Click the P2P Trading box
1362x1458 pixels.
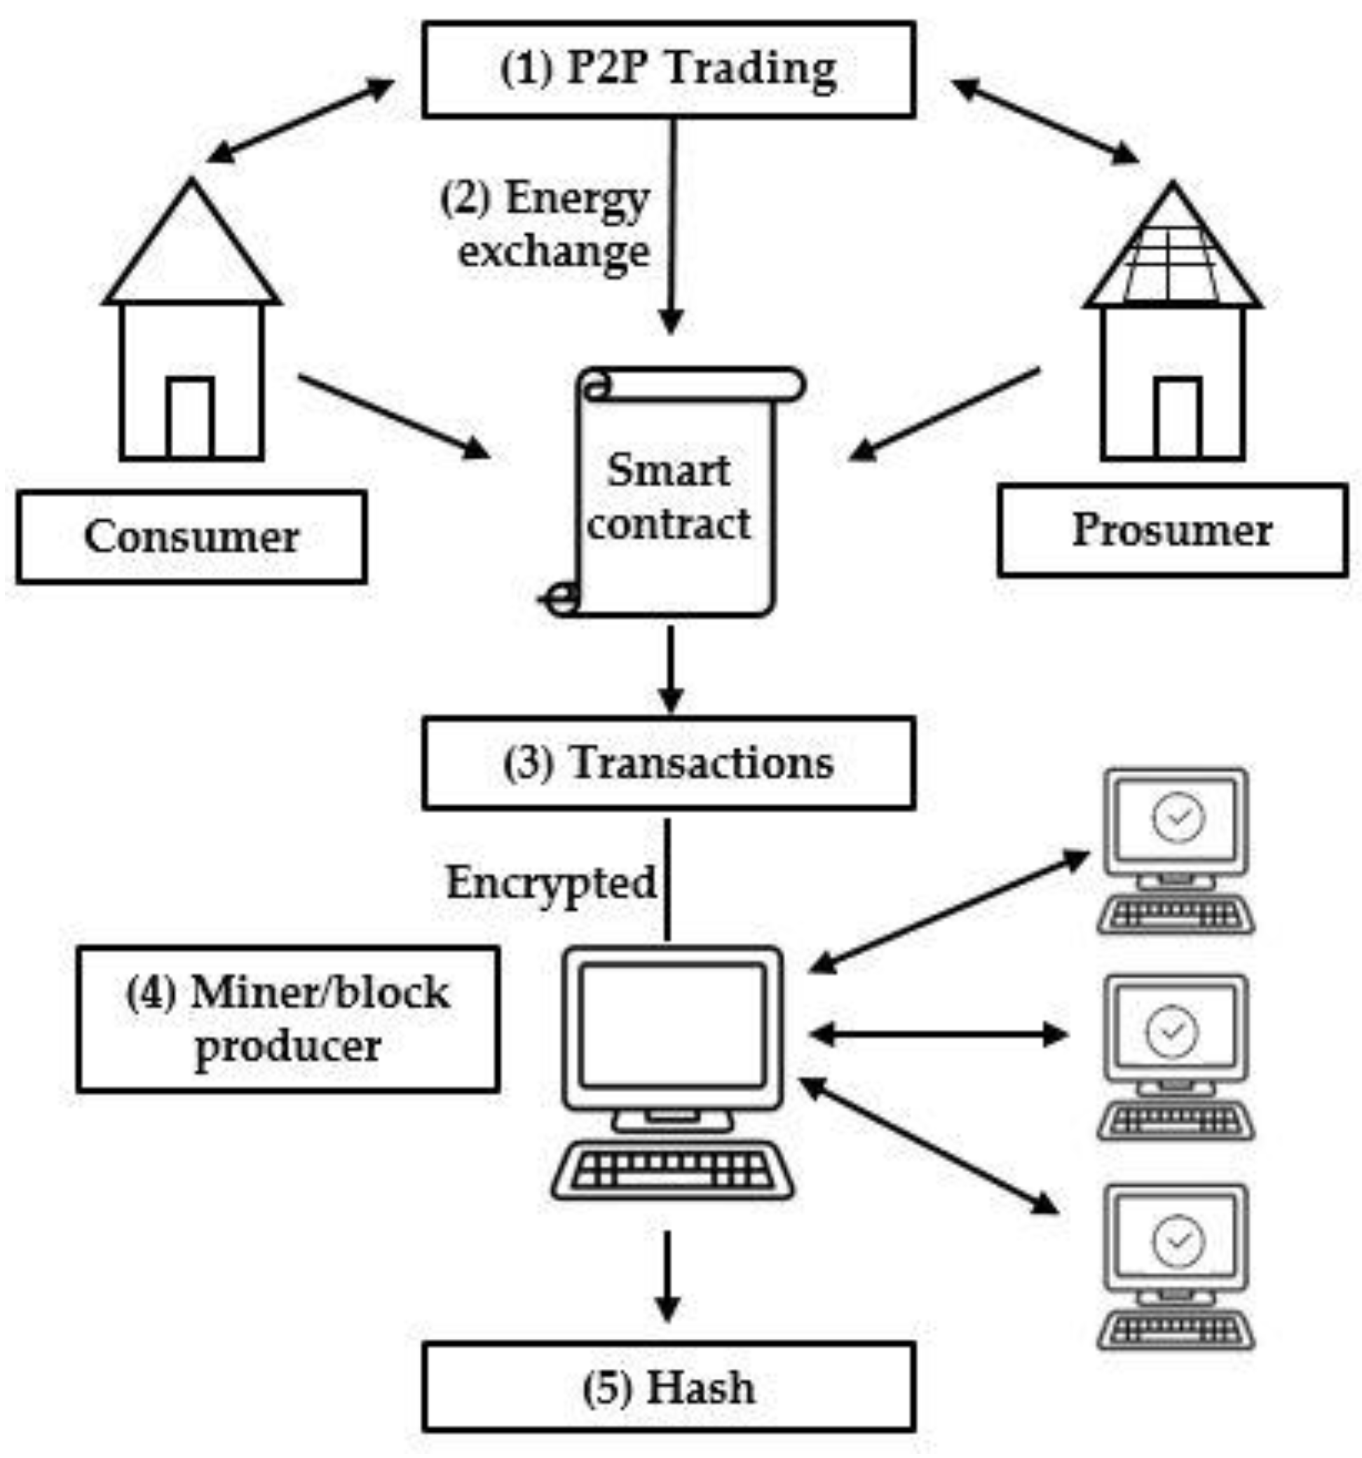[x=668, y=69]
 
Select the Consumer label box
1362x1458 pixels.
[x=191, y=537]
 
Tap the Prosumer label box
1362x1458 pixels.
[x=1171, y=530]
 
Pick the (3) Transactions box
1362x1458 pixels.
[x=668, y=763]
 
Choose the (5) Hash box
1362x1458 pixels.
[x=668, y=1387]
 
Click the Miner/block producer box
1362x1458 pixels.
[x=288, y=1019]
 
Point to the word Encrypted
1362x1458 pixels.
[x=551, y=883]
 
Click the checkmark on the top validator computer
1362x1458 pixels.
[x=1178, y=817]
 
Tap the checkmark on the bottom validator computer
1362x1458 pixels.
[x=1178, y=1240]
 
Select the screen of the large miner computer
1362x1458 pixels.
[x=672, y=1026]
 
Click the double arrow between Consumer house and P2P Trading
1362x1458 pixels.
[x=301, y=121]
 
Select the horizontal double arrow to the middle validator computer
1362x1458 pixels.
[x=939, y=1035]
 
